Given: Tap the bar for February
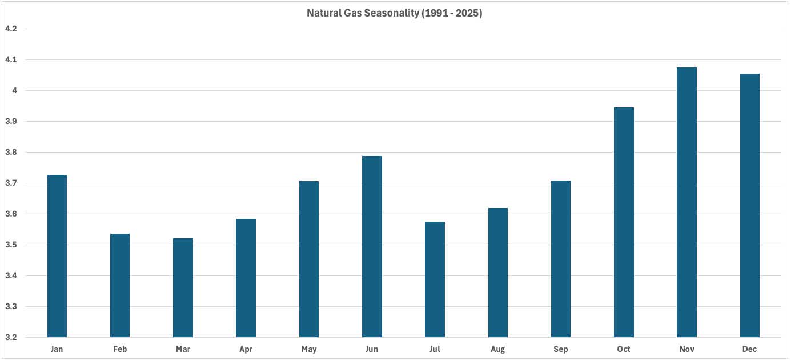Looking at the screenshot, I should (120, 285).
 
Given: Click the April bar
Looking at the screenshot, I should (246, 278).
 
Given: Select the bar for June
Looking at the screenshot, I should (372, 246).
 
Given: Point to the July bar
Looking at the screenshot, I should (435, 279).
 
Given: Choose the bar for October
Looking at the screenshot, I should (624, 222).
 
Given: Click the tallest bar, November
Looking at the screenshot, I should (686, 202).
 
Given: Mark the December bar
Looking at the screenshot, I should (749, 205).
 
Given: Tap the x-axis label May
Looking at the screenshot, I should (308, 349).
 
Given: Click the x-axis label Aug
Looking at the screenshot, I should (497, 349).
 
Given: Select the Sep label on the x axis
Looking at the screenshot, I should (560, 349).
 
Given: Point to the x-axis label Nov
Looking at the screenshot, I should (686, 349).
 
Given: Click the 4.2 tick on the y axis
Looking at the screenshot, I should (11, 29).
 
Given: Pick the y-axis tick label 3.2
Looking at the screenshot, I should (11, 337).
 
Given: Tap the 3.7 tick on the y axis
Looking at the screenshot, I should (11, 183).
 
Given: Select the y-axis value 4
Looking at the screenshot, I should (14, 90).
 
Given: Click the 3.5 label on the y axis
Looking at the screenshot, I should (11, 245).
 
